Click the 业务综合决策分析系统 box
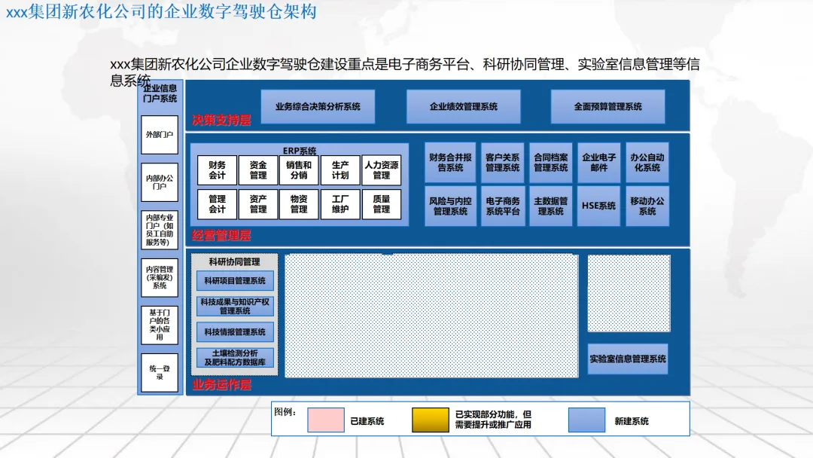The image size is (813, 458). (x=318, y=106)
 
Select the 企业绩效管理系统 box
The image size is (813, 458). (x=463, y=106)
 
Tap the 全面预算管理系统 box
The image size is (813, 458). (x=607, y=106)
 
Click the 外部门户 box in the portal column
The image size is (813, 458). (x=160, y=135)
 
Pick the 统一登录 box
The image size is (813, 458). (x=160, y=372)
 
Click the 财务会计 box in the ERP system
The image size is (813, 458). (x=218, y=170)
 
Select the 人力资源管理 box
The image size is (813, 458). (x=382, y=170)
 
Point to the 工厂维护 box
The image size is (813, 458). (x=340, y=204)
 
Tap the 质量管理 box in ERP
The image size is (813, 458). (x=382, y=204)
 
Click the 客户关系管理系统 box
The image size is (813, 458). (x=502, y=163)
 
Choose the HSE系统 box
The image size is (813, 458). (x=598, y=206)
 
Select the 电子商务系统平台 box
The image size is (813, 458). (x=502, y=206)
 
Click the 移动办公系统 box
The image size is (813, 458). (x=647, y=206)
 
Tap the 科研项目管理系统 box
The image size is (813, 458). (x=235, y=281)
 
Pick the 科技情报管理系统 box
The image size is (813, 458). (x=235, y=332)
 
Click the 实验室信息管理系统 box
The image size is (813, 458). (x=628, y=359)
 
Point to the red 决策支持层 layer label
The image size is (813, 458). (x=221, y=120)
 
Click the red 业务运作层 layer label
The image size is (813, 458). (x=221, y=385)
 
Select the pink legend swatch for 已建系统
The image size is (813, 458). (x=326, y=420)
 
